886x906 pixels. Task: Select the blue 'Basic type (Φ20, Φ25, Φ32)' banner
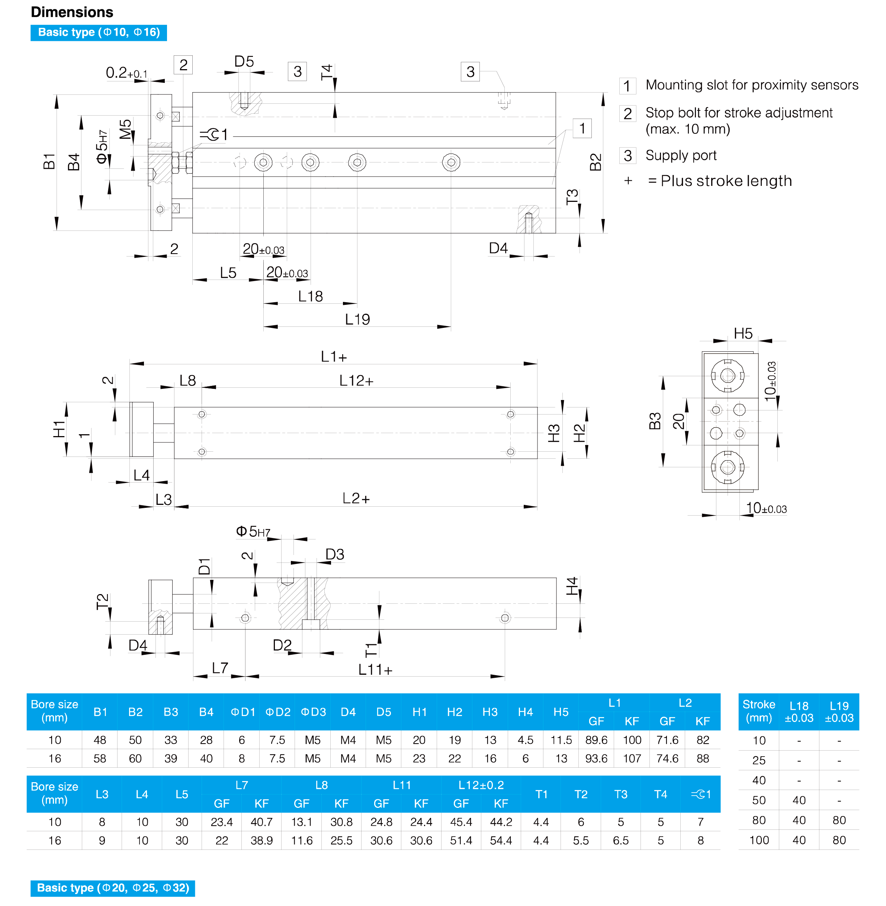[113, 888]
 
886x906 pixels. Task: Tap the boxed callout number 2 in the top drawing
[183, 65]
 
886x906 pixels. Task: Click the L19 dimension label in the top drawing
[357, 319]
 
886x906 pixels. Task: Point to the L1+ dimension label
[334, 357]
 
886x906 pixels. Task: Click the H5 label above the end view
[743, 333]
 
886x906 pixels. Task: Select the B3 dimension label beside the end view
[655, 421]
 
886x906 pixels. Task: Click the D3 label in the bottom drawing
[335, 554]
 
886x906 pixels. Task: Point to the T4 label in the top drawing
[327, 72]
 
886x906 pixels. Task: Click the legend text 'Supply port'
[681, 155]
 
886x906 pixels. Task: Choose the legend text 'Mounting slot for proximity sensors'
[752, 85]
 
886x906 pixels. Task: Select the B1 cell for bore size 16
[100, 758]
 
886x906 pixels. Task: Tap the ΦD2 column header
[278, 712]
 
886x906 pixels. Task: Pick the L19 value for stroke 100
[839, 840]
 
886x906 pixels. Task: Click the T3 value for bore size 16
[621, 841]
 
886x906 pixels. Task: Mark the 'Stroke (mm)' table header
[758, 711]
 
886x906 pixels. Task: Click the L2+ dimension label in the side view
[356, 498]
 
